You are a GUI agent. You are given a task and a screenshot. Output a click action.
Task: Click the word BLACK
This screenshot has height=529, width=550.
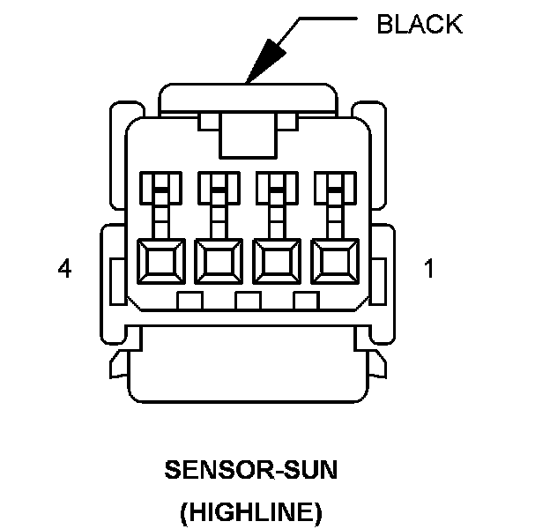tap(419, 24)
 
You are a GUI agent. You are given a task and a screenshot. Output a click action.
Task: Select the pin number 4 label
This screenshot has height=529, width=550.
tap(63, 269)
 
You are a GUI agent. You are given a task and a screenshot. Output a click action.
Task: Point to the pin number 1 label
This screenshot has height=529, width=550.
tap(429, 269)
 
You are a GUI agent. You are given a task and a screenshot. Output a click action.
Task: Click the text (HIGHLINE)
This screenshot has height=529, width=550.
tap(251, 510)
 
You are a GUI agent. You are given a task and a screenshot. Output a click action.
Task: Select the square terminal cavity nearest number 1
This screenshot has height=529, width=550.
tap(333, 261)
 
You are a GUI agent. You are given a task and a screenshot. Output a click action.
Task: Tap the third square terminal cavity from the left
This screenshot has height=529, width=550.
tap(275, 261)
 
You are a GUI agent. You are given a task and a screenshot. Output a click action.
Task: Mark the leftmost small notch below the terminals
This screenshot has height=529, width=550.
tap(190, 301)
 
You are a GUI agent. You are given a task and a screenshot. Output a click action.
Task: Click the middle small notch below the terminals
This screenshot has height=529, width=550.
tap(248, 301)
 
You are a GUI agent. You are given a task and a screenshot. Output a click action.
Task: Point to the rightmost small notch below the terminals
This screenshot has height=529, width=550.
tap(305, 301)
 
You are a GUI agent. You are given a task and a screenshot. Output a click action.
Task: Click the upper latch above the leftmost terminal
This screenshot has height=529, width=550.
tap(160, 187)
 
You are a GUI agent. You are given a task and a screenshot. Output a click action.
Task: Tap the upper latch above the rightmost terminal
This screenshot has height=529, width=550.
tap(333, 187)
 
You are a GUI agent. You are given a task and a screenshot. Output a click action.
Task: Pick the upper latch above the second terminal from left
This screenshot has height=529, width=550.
tap(218, 187)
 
